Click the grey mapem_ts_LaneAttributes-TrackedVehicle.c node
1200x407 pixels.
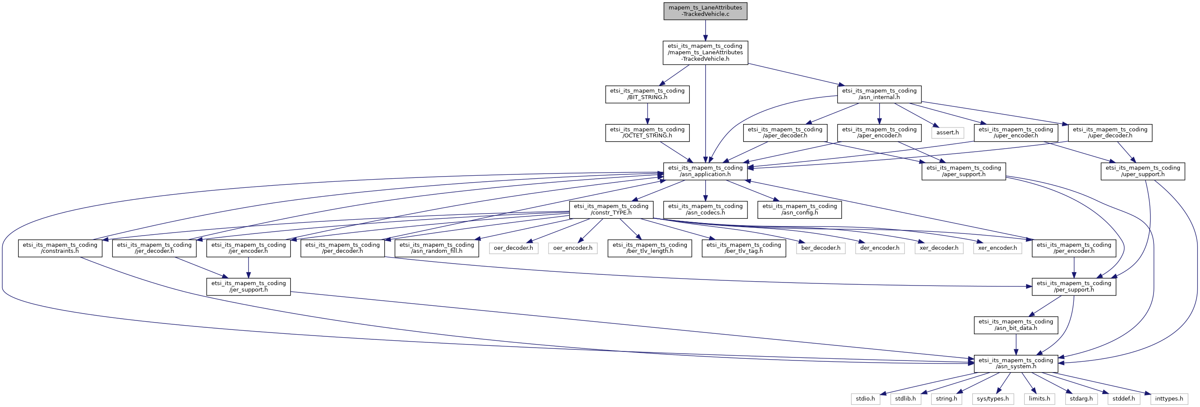(x=705, y=11)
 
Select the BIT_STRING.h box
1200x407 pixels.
(x=647, y=94)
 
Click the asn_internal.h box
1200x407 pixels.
(x=879, y=94)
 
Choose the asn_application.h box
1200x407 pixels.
(x=705, y=171)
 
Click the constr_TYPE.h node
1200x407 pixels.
(x=611, y=209)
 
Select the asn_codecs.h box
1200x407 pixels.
(x=705, y=209)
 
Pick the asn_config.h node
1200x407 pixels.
(x=800, y=209)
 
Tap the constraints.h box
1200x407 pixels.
(x=60, y=248)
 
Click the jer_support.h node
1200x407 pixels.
(x=248, y=286)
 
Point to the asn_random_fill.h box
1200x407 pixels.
(x=437, y=248)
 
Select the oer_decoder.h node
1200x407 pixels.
(x=513, y=248)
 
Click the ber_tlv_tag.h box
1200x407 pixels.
(x=744, y=248)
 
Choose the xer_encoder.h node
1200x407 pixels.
(x=997, y=248)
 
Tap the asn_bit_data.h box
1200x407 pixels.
(x=1016, y=325)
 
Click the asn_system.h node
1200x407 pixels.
(x=1016, y=363)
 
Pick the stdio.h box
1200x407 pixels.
(x=865, y=399)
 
